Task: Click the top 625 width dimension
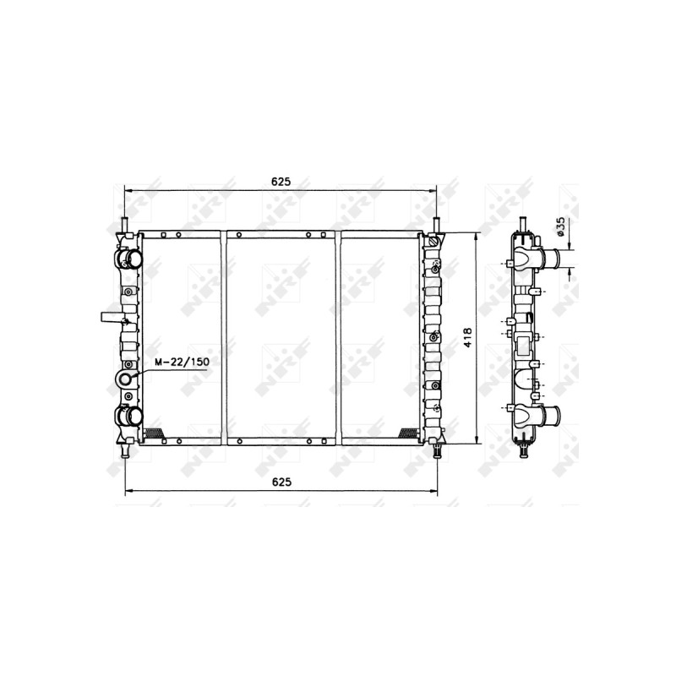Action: pyautogui.click(x=281, y=182)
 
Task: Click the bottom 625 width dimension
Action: pyautogui.click(x=281, y=482)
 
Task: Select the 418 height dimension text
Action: pyautogui.click(x=468, y=339)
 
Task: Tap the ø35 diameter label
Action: pyautogui.click(x=560, y=226)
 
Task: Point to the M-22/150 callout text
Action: pyautogui.click(x=183, y=362)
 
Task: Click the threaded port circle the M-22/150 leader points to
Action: pyautogui.click(x=125, y=379)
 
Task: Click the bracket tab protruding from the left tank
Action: pyautogui.click(x=111, y=318)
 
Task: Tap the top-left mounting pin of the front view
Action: pyautogui.click(x=124, y=225)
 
